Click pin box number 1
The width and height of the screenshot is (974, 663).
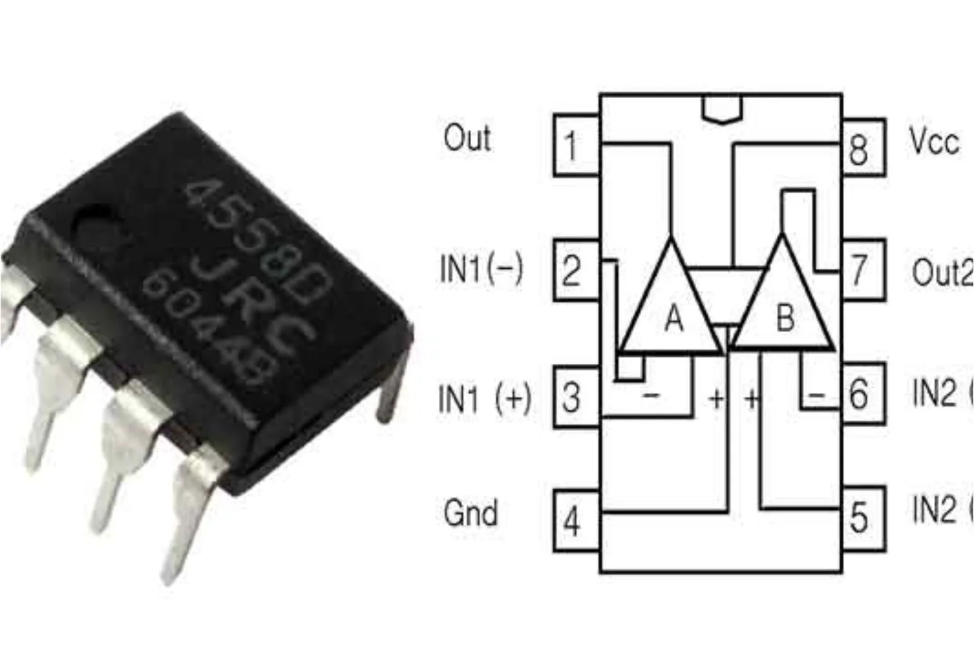tap(575, 146)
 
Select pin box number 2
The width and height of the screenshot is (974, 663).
tap(575, 270)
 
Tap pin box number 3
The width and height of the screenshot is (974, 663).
tap(575, 397)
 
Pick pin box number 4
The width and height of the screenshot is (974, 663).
tap(575, 521)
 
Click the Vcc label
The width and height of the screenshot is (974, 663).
tap(934, 141)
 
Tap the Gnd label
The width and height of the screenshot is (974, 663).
tap(470, 513)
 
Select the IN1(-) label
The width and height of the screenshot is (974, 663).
tap(481, 269)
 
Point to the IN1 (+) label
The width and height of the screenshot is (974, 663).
tap(484, 397)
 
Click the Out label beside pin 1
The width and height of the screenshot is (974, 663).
tap(467, 138)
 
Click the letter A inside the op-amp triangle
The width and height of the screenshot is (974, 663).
tap(673, 318)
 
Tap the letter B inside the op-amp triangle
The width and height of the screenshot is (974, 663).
tap(785, 318)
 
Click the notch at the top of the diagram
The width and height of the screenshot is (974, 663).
tap(722, 109)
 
